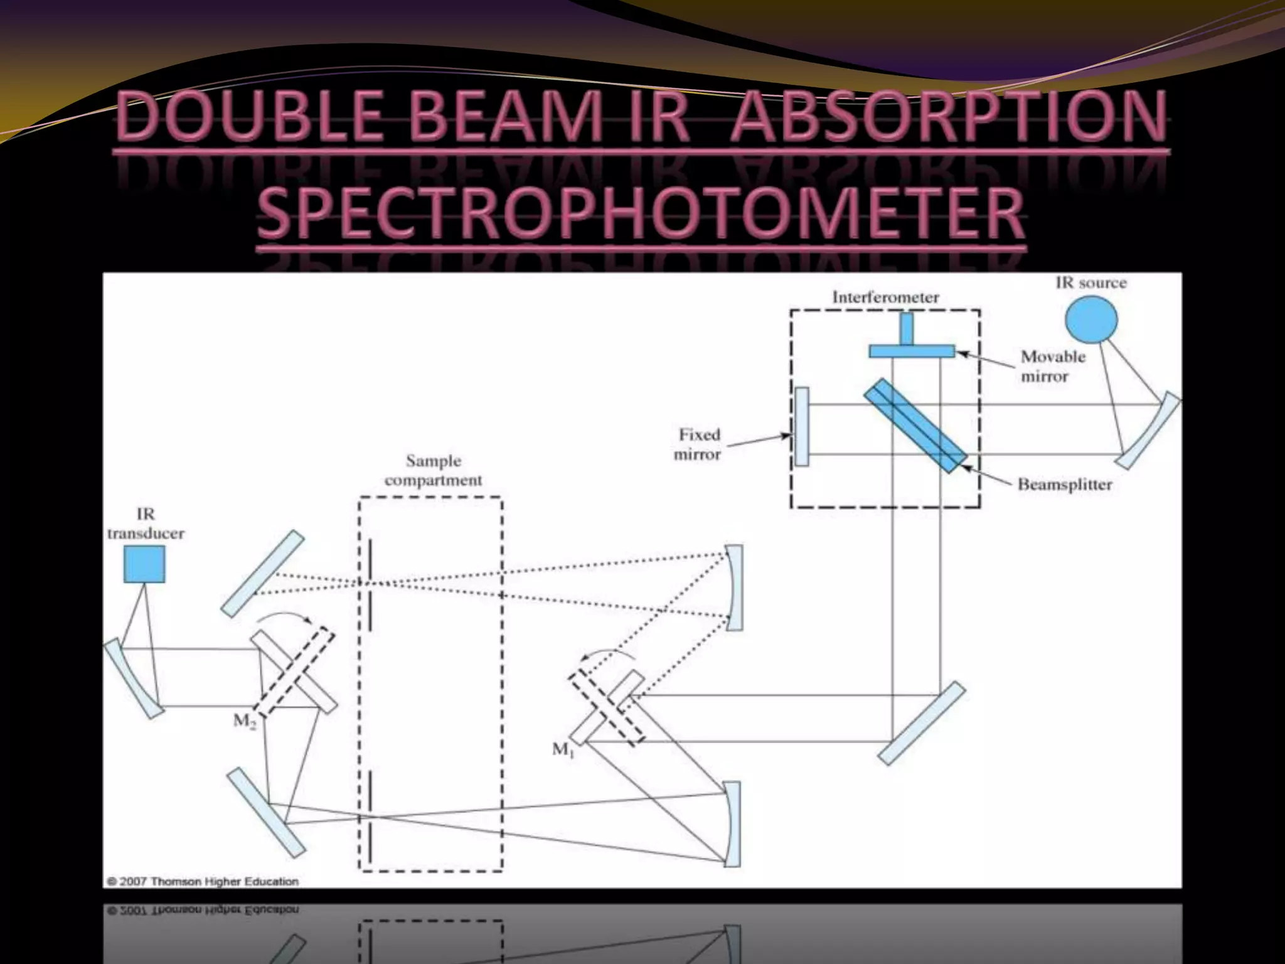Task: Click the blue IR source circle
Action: [x=1090, y=319]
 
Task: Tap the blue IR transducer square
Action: [x=144, y=564]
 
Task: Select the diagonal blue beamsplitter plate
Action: [x=915, y=425]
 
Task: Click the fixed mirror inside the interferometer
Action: [x=801, y=427]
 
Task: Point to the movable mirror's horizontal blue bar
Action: [x=911, y=351]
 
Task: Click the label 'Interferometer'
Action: [x=885, y=297]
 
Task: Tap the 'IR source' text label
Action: [x=1090, y=283]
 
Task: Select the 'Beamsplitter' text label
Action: [x=1064, y=485]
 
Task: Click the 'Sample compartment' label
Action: [x=433, y=470]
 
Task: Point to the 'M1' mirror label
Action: [x=563, y=749]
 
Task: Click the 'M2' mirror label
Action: [x=245, y=720]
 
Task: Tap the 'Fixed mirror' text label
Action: [x=698, y=444]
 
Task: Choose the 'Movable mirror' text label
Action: [x=1052, y=367]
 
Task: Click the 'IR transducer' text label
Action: [x=146, y=524]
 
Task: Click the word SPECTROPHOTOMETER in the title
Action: [x=641, y=213]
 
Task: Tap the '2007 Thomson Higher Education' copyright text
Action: [x=203, y=881]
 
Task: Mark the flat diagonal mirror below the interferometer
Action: [x=921, y=723]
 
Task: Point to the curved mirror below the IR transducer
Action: [x=134, y=678]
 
